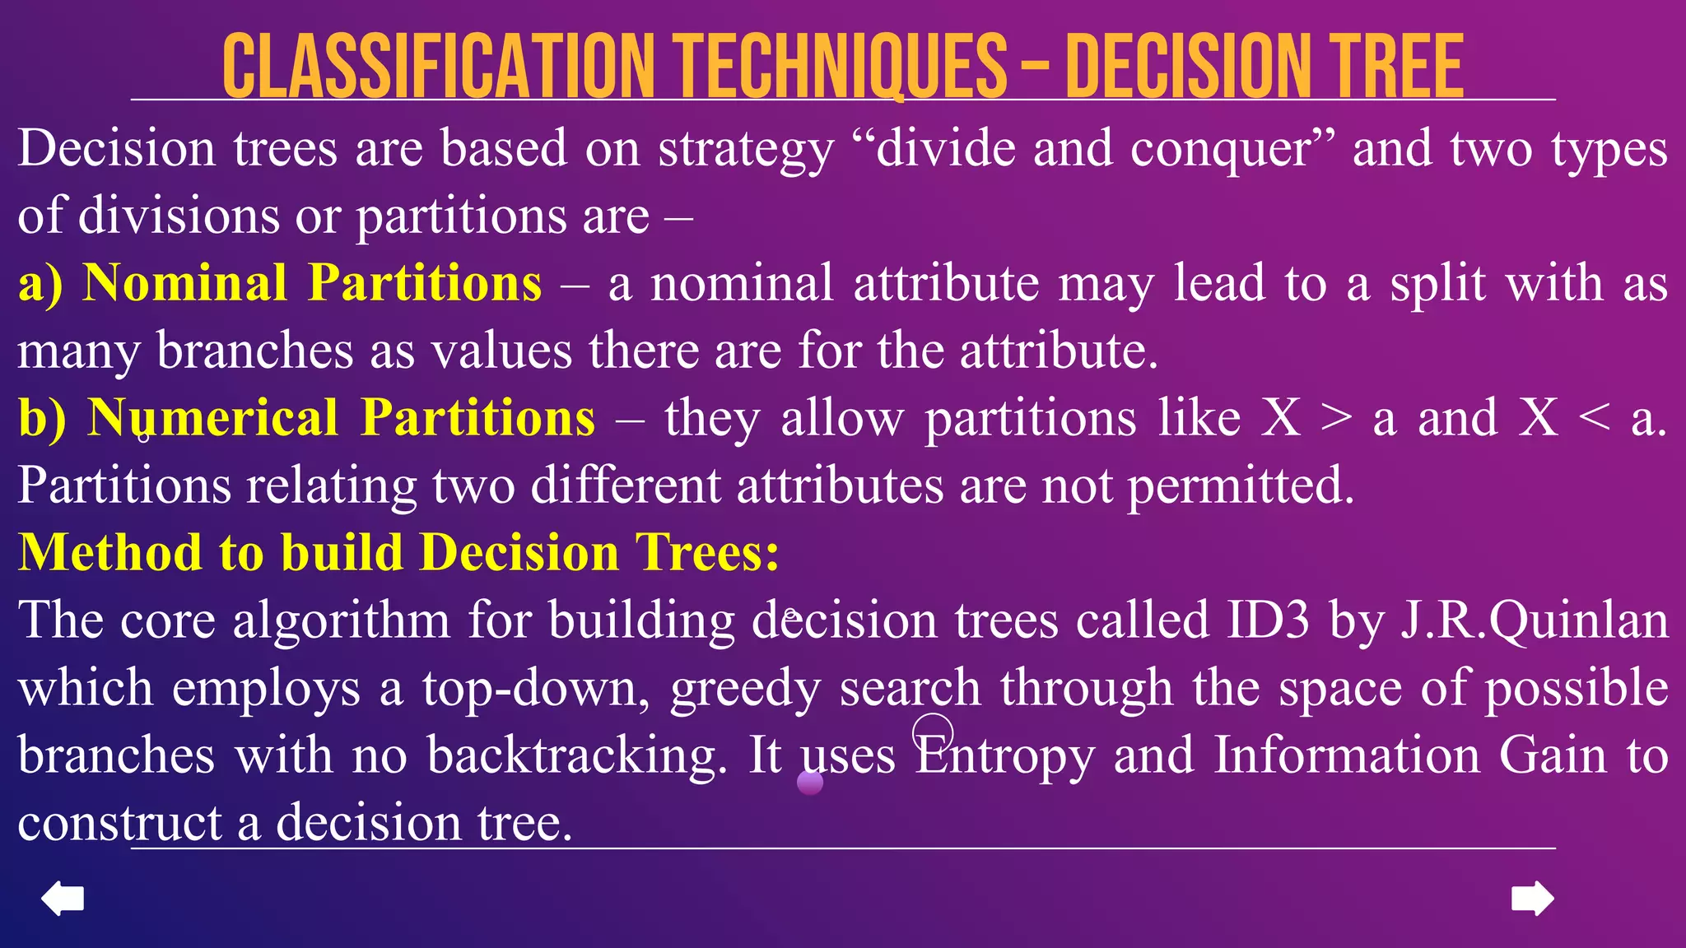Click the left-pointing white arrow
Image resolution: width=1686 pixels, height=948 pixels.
(63, 898)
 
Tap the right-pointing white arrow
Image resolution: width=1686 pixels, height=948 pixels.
(1533, 898)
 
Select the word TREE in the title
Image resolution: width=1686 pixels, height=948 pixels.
(1384, 67)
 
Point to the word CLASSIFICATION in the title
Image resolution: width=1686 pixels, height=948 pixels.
(437, 67)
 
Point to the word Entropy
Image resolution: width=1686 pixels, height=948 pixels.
(1004, 755)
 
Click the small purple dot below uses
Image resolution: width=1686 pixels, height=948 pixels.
(810, 783)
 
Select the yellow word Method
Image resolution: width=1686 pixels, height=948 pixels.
(109, 552)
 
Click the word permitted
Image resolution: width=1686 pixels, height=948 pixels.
(1240, 486)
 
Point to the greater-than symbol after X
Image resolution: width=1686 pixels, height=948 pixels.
(1336, 418)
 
